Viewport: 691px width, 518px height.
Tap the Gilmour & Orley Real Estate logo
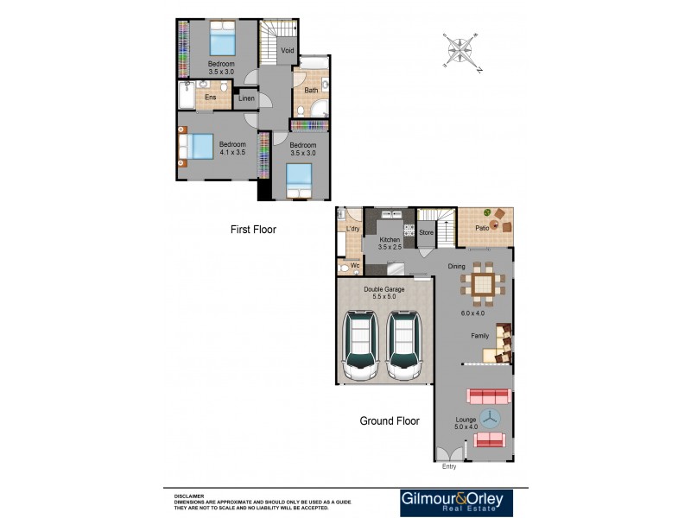456,503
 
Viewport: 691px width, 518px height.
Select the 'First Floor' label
253,230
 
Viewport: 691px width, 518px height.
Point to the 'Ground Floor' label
390,421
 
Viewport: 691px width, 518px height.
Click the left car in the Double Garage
360,345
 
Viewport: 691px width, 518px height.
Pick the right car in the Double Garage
403,345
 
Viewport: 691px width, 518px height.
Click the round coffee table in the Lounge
490,419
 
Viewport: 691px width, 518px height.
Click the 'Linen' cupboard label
247,98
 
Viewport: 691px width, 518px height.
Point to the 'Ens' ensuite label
210,98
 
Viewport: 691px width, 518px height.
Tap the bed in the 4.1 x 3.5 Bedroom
198,146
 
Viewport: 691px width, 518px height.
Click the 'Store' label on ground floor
426,232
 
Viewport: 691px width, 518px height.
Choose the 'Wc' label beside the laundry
354,266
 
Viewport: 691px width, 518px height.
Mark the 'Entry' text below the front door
448,467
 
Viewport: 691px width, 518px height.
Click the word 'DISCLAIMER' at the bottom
189,496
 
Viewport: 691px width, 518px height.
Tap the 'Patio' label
482,228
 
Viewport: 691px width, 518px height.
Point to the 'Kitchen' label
390,239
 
